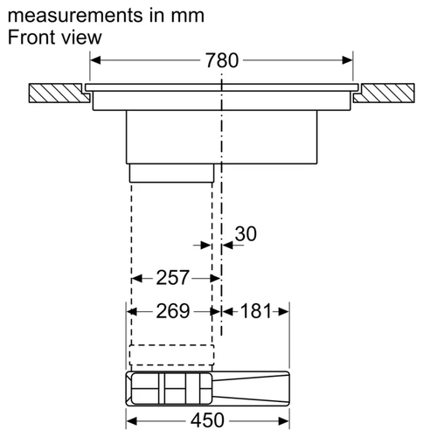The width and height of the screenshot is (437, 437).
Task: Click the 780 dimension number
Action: coord(222,60)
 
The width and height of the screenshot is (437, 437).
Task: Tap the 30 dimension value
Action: coord(246,233)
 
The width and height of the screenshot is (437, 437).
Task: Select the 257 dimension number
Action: coord(173,277)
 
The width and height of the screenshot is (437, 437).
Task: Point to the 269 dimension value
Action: coord(173,311)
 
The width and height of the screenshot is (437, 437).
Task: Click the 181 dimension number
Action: coord(256,311)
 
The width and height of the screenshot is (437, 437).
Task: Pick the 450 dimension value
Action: coord(207,420)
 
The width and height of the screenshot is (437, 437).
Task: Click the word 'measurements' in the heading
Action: coord(75,16)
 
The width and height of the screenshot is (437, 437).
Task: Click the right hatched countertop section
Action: coord(385,93)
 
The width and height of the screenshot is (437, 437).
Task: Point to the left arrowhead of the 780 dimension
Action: coord(95,60)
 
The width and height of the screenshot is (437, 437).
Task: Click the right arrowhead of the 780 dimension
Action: coord(348,60)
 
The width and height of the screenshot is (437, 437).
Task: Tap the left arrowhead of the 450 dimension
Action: coord(132,421)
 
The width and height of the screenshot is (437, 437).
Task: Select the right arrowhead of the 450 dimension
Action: coord(284,421)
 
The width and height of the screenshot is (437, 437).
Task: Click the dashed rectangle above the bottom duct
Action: coord(172,355)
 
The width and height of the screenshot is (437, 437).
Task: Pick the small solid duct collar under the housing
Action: coord(171,173)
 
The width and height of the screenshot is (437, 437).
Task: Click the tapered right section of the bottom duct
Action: coord(251,388)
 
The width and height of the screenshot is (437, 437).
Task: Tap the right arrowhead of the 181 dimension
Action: coord(284,312)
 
